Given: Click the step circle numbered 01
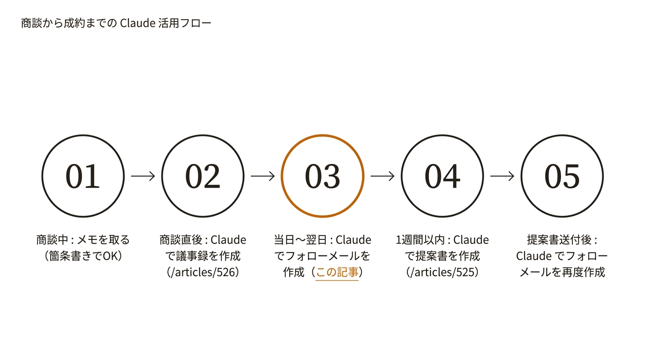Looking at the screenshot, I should click(x=83, y=176).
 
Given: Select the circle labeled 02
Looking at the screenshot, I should click(x=202, y=176).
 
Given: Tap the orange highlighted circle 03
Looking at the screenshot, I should click(x=322, y=176).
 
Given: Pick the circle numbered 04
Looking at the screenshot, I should click(x=442, y=176).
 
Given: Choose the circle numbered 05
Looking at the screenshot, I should click(x=562, y=176).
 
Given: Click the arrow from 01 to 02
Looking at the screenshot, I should click(x=143, y=176).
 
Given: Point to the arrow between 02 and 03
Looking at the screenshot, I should click(x=262, y=176).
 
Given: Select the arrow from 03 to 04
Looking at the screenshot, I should click(x=382, y=176).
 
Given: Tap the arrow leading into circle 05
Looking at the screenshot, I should click(x=502, y=176).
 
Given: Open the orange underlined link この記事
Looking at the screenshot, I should click(x=337, y=272).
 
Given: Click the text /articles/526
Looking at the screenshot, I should click(x=202, y=272).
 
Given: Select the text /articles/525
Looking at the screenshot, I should click(x=442, y=272).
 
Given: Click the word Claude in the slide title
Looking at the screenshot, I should click(x=137, y=23).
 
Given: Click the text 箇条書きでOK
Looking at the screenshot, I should click(x=83, y=256).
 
